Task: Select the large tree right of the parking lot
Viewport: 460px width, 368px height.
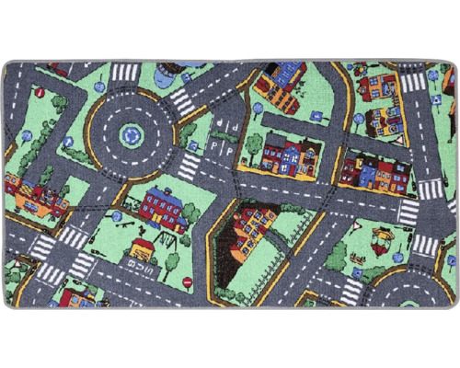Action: (x=254, y=143)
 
